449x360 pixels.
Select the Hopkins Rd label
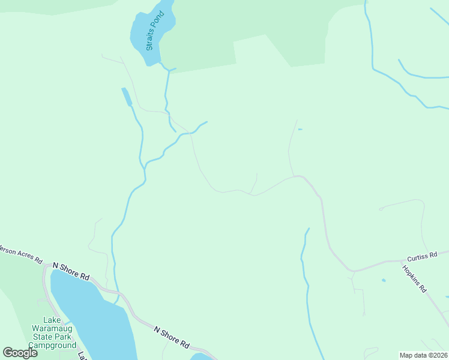point(414,278)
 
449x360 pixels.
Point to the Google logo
point(20,353)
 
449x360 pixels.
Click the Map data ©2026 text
point(423,355)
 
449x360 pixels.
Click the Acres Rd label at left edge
point(21,255)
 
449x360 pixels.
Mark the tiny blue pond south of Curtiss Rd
point(384,280)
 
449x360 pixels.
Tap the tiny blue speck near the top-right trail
point(300,129)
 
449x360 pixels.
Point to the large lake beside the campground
point(96,318)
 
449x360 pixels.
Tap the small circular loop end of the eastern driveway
point(381,209)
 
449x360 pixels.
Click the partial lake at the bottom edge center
point(203,356)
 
